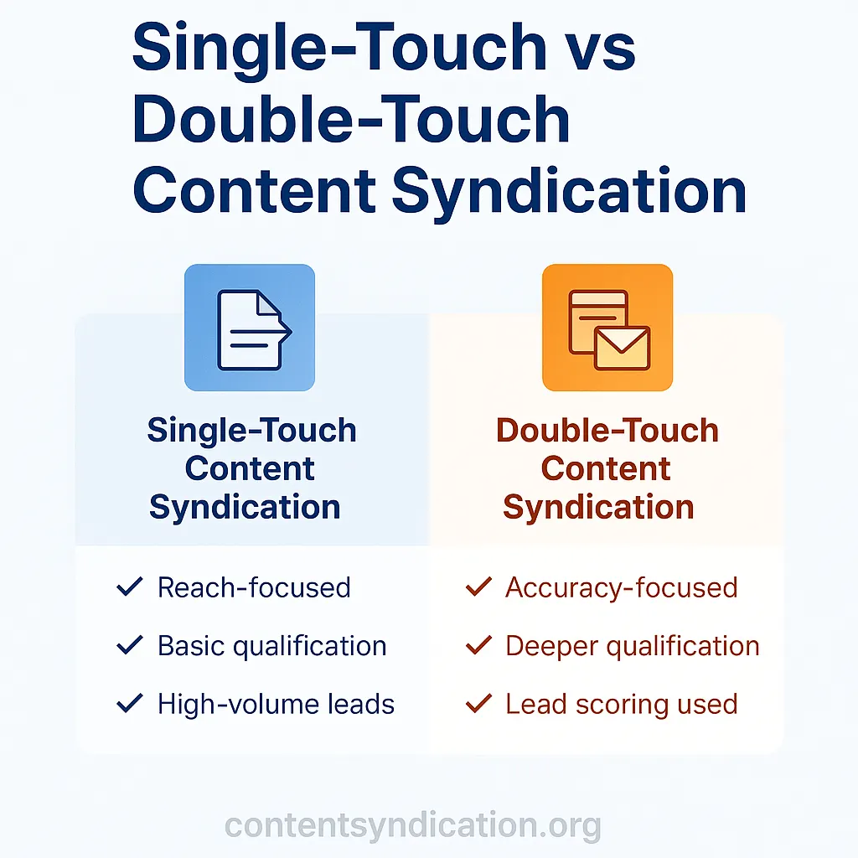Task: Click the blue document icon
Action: tap(250, 328)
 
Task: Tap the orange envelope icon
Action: tap(608, 328)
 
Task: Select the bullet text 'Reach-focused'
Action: tap(254, 587)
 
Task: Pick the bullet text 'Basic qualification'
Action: tap(271, 646)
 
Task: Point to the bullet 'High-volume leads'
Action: tap(276, 704)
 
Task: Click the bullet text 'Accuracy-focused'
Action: tap(621, 587)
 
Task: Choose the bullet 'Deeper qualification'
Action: tap(632, 646)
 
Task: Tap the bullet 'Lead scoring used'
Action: tap(621, 704)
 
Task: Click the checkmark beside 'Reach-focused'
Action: tap(130, 587)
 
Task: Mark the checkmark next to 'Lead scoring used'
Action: tap(478, 704)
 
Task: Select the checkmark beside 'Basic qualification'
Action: tap(130, 646)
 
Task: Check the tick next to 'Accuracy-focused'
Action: tap(478, 587)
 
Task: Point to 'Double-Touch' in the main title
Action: tap(351, 119)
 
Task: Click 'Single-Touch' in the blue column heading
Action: tap(251, 431)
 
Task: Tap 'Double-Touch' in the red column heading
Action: tap(607, 431)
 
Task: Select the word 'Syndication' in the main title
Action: tap(569, 191)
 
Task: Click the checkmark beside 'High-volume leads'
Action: tap(130, 704)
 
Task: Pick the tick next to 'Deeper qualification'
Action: tap(478, 646)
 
